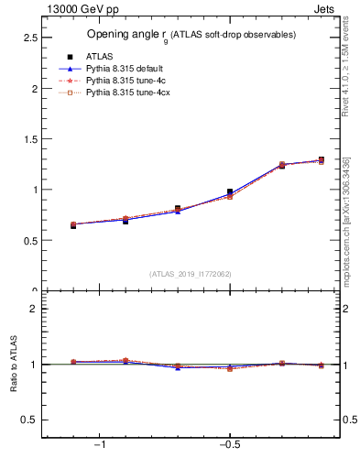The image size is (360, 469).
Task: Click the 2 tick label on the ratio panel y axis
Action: pos(32,309)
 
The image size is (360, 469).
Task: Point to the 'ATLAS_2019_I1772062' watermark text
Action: pos(191,274)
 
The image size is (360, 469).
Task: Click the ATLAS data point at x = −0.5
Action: pos(230,192)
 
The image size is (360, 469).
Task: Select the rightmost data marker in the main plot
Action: pos(321,160)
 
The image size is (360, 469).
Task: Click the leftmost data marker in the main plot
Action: pos(73,224)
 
